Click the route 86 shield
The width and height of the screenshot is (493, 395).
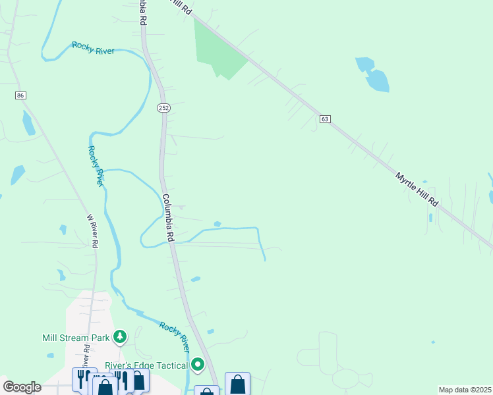pos(21,95)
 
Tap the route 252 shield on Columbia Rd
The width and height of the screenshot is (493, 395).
pos(163,107)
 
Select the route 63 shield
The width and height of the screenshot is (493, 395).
pos(325,119)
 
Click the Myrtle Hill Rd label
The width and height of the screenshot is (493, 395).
pos(417,190)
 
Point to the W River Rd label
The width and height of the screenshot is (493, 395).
pos(93,230)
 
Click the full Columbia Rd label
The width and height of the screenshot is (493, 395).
pos(168,216)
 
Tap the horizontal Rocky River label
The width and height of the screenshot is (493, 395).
pos(93,48)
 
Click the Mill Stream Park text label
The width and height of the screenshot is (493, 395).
pos(76,338)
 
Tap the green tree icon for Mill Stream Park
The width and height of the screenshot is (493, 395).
pos(119,338)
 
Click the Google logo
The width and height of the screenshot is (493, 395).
pos(22,387)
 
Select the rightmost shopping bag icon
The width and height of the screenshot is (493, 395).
pos(237,384)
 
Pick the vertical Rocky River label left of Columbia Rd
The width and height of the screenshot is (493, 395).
pos(96,166)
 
